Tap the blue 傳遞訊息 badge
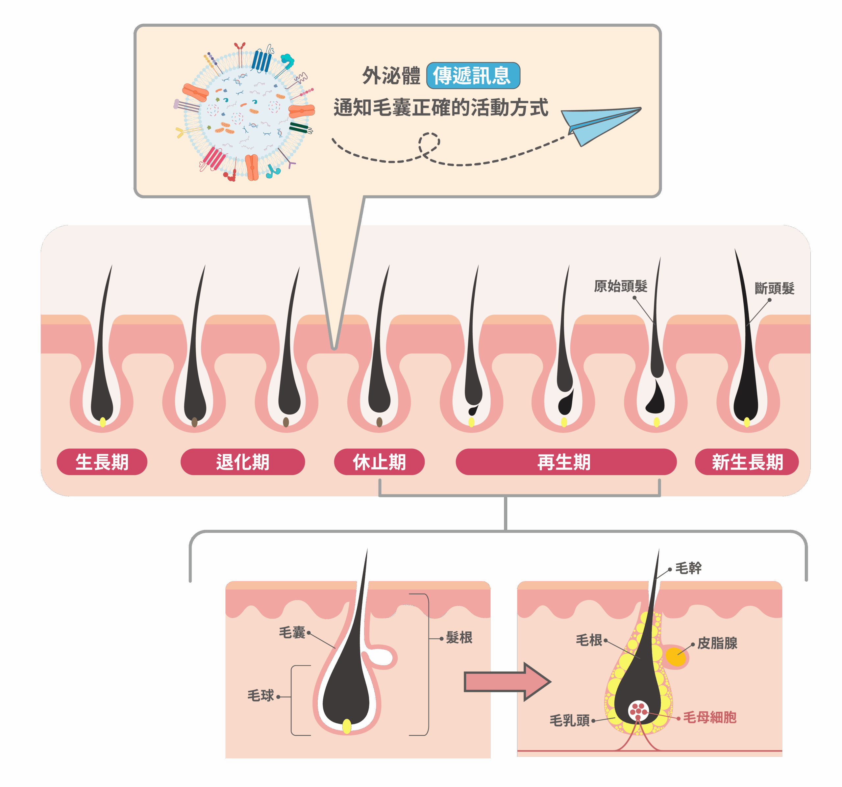473,76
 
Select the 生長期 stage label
102,462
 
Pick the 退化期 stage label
243,462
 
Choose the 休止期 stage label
379,462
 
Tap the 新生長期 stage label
747,462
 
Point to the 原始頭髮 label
621,286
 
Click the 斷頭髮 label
774,289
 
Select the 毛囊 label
292,633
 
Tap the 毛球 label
260,696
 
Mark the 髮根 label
459,638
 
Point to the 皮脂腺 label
717,643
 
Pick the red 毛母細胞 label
709,718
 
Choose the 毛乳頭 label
569,720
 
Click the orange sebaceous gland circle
675,656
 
